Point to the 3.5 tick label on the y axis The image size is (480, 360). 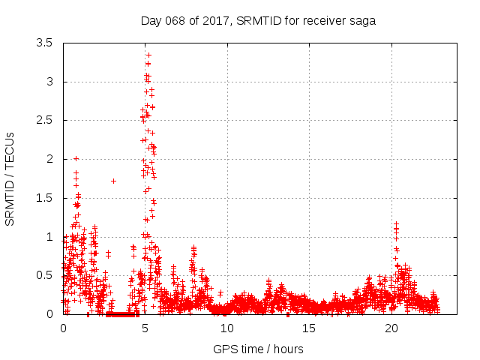(x=44, y=43)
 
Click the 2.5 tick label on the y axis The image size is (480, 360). (x=44, y=120)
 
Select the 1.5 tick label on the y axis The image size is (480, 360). (x=44, y=198)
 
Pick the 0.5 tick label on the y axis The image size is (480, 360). (x=44, y=275)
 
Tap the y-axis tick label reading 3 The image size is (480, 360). (x=49, y=82)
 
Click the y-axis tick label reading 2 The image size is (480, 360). (x=49, y=159)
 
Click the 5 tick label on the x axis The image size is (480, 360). (x=145, y=328)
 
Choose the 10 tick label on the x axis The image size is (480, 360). (x=227, y=328)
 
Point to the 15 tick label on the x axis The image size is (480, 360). (x=310, y=328)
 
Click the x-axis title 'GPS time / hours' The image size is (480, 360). (x=258, y=349)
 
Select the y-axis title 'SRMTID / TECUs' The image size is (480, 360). (x=10, y=179)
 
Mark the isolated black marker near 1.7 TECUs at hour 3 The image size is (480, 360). (x=113, y=181)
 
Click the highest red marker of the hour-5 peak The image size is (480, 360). (x=148, y=55)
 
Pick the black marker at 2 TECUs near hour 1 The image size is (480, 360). (x=76, y=158)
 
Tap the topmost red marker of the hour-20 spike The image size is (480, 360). (x=395, y=223)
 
